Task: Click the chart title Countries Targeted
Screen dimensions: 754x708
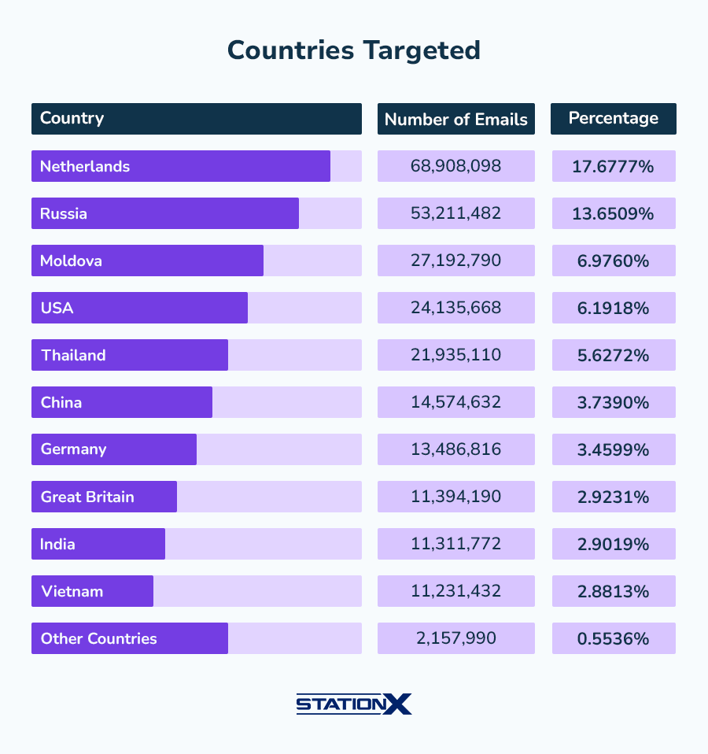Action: (353, 50)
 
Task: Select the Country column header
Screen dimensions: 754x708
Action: (72, 119)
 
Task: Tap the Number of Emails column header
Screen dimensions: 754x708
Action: (456, 120)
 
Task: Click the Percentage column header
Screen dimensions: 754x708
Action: (614, 118)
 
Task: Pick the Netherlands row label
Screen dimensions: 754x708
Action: (85, 167)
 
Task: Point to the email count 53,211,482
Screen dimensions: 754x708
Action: (456, 213)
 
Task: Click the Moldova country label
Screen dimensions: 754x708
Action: (72, 261)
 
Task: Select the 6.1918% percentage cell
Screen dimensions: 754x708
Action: (614, 309)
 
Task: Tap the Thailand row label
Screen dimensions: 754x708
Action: (73, 356)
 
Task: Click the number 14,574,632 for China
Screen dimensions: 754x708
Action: (456, 402)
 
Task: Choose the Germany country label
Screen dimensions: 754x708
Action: (74, 449)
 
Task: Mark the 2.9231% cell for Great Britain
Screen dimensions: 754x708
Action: (614, 497)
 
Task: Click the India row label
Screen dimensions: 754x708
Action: (58, 544)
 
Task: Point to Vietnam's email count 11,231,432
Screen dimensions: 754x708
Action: (456, 591)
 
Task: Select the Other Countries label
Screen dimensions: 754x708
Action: (99, 638)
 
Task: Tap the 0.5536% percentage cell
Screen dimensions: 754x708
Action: (614, 639)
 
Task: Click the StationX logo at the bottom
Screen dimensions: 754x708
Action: (353, 704)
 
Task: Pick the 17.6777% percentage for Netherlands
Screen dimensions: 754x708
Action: (614, 167)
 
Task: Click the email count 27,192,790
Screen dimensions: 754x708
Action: (456, 261)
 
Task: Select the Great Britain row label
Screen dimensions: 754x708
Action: (87, 497)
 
